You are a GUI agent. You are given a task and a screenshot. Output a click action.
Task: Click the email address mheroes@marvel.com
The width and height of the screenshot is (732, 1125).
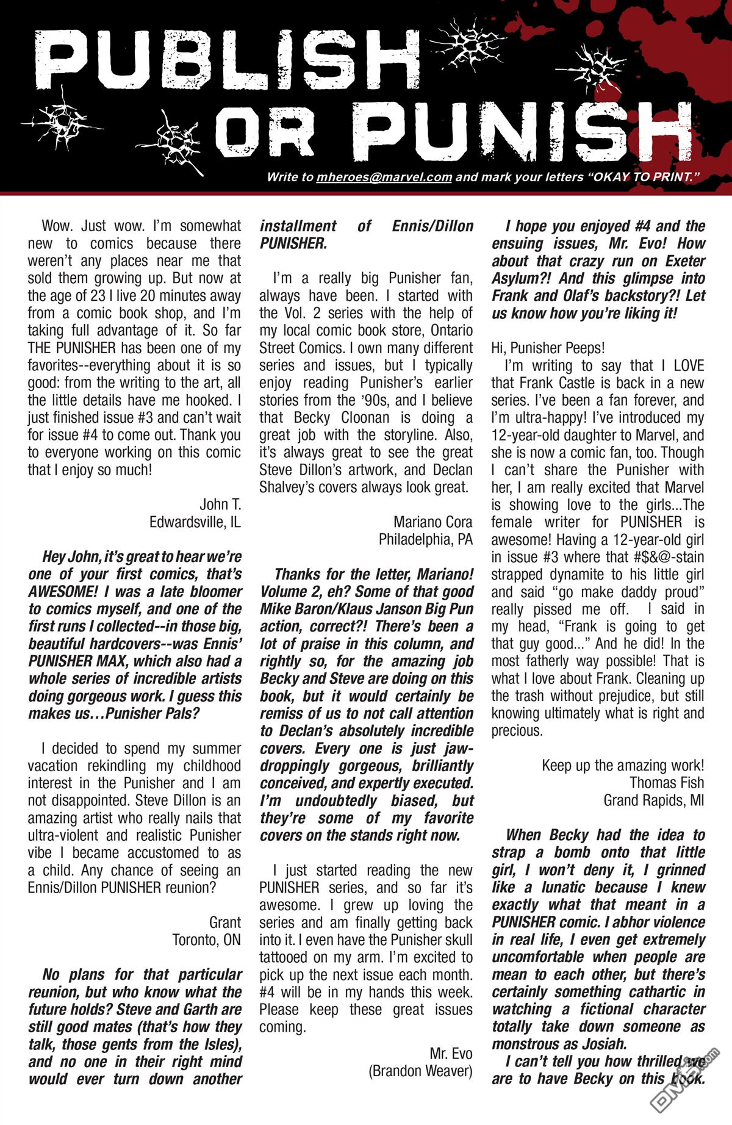tap(384, 178)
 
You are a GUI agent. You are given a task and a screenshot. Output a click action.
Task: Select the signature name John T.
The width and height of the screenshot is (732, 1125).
tap(220, 505)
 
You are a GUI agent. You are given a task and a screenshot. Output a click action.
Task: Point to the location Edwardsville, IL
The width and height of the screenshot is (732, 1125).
tap(195, 522)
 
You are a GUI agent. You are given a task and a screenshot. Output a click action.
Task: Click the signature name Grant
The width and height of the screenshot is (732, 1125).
tap(225, 922)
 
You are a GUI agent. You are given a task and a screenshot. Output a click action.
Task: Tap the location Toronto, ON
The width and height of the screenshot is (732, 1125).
tap(207, 940)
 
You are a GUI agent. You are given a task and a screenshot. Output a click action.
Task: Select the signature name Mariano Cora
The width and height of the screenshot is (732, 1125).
tap(432, 522)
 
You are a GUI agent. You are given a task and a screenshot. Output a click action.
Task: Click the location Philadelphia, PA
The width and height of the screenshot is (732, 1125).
tap(425, 540)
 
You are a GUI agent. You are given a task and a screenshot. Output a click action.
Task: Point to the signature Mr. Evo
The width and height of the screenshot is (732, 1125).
tap(451, 1054)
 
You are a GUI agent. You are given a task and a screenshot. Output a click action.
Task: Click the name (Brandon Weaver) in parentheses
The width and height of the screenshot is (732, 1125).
tap(420, 1071)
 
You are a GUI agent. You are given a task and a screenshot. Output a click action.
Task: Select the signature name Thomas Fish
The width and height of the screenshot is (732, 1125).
tap(667, 783)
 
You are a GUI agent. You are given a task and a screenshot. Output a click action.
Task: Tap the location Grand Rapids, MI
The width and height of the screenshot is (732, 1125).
tap(654, 800)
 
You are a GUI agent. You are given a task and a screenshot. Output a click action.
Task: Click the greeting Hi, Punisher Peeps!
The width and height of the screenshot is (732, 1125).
tap(548, 348)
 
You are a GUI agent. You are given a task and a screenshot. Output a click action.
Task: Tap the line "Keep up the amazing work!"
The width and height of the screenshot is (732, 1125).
tap(623, 766)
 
